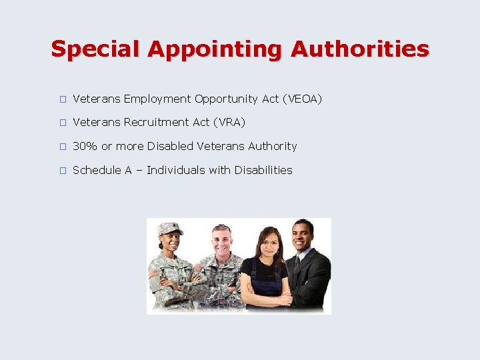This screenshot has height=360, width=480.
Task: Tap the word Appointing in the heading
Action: point(216,49)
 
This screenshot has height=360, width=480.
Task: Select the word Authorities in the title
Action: point(360,49)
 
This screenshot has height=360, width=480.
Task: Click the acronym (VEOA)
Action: point(302,99)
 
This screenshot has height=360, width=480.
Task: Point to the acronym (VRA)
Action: point(229,123)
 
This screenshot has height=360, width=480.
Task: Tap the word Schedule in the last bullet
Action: point(97,170)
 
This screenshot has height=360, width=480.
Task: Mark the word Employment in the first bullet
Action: point(157,99)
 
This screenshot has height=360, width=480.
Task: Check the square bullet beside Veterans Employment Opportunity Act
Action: point(62,99)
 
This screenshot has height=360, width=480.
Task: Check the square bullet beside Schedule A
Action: point(62,171)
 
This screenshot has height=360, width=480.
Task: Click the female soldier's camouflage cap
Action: point(169,229)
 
